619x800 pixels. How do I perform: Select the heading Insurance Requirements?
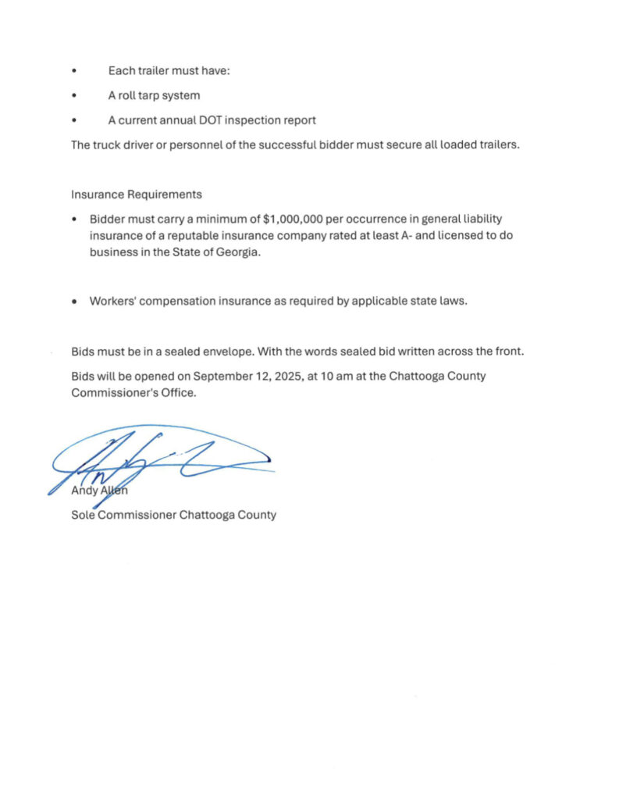[137, 195]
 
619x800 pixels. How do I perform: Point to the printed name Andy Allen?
[100, 491]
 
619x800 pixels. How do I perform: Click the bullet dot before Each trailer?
[75, 71]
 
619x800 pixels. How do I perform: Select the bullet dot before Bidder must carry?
[75, 220]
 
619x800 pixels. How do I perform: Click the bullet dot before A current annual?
[75, 120]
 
